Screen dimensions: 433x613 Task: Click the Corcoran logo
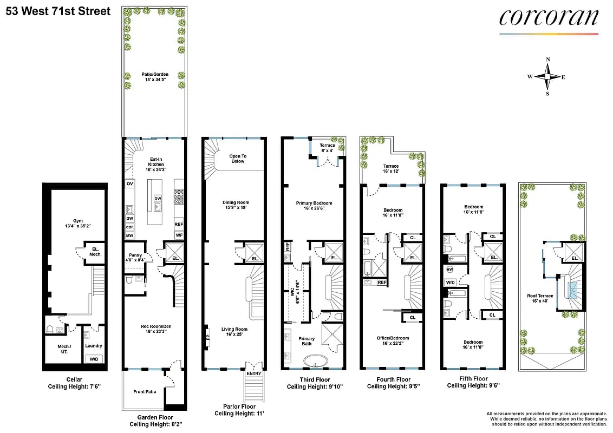tap(548, 18)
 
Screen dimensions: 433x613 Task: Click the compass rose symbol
tap(547, 77)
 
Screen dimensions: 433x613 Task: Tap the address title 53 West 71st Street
tap(58, 11)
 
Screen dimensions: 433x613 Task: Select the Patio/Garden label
tap(154, 76)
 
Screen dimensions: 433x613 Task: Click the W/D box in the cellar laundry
tap(94, 359)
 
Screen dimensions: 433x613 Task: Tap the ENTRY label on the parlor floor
tap(253, 373)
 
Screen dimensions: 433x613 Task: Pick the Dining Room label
tap(236, 205)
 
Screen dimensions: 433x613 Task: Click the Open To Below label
tap(238, 158)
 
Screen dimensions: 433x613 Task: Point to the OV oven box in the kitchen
tap(129, 183)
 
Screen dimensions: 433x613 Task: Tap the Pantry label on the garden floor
tap(135, 257)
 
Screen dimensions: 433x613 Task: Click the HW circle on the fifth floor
tap(449, 269)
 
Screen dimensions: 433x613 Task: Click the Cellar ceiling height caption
tap(75, 383)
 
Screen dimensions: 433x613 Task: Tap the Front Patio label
tap(145, 391)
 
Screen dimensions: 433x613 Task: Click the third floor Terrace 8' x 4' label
tap(327, 148)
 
